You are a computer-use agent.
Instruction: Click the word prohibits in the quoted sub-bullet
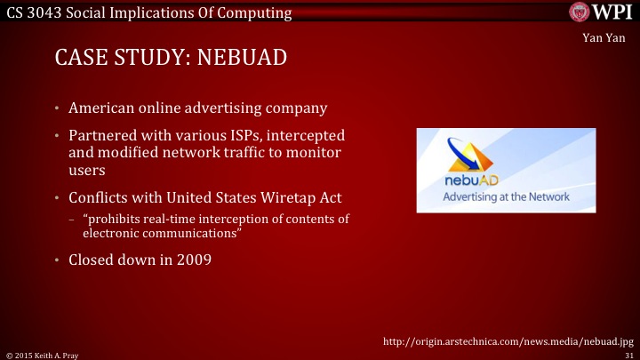click(x=111, y=220)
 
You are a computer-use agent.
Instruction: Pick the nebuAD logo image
click(x=507, y=170)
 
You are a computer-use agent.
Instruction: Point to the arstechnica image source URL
click(x=508, y=340)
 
